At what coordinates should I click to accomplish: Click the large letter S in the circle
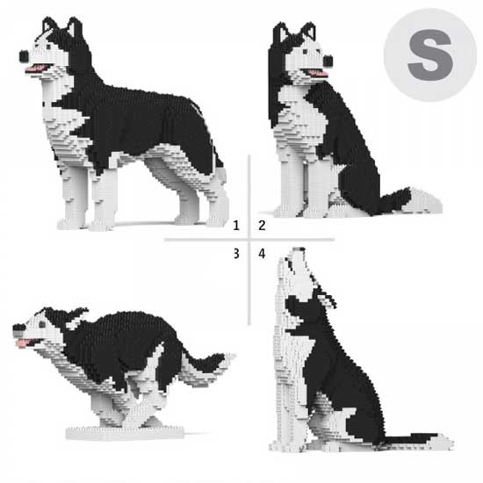click(430, 55)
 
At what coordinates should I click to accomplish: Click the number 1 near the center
click(236, 226)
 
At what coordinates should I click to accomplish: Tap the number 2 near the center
click(262, 226)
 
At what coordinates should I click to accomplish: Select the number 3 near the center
click(236, 254)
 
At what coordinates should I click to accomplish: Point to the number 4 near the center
click(262, 254)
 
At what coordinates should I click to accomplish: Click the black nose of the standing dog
click(24, 55)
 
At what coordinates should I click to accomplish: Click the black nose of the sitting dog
click(328, 61)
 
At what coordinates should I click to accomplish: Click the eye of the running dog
click(42, 324)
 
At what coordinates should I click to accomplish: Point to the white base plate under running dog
click(125, 432)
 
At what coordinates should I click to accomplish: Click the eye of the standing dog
click(48, 47)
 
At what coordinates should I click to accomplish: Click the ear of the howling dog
click(328, 299)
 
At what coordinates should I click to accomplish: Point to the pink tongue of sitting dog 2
click(317, 73)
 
